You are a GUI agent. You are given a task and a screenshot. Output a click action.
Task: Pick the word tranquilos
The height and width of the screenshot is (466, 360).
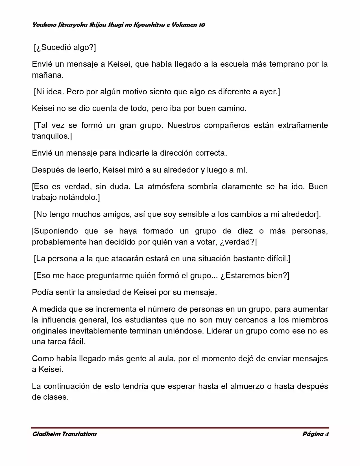point(52,136)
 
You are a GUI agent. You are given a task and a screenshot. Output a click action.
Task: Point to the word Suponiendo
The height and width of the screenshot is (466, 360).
point(55,231)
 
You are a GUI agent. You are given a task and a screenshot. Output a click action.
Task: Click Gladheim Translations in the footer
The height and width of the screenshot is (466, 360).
point(64,434)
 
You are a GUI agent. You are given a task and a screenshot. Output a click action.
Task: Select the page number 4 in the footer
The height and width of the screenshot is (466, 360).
point(326,434)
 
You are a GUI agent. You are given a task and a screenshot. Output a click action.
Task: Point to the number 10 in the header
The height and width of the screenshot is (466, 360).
point(202,25)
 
